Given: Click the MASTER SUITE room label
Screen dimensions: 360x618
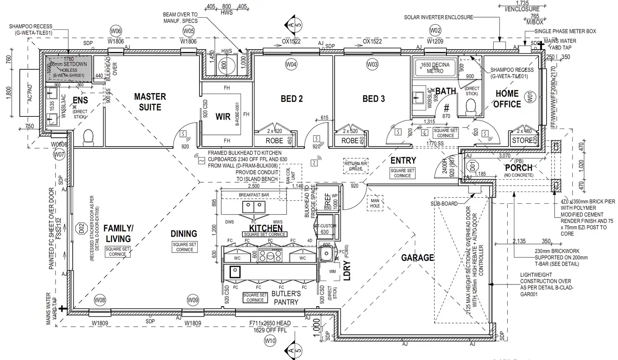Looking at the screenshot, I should (150, 102).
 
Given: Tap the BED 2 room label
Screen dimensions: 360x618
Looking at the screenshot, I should (292, 99).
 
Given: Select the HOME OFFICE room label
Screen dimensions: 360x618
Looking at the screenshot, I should (507, 99).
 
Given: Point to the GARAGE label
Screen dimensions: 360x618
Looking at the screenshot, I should (417, 258).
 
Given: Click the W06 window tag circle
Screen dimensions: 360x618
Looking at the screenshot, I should (116, 31).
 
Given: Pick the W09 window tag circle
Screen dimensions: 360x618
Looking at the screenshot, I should (193, 300).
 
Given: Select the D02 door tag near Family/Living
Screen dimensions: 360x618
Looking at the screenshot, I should (81, 229).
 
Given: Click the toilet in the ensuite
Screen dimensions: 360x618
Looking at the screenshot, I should (88, 137).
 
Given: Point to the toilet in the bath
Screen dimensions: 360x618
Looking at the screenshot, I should (471, 110).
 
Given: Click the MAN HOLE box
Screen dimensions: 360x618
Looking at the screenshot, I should (375, 203).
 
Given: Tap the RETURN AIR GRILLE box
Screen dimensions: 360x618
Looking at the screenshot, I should (356, 166).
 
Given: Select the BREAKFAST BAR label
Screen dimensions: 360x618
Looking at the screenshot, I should (254, 195).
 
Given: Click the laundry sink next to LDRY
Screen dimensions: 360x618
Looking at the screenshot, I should (326, 253).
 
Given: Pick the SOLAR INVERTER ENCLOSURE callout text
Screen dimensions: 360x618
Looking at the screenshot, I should (438, 17).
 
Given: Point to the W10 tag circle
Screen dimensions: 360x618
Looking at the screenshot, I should (270, 341).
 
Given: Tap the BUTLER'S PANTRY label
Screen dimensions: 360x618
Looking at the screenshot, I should (286, 298).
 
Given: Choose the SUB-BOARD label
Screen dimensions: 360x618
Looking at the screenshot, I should (444, 204).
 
